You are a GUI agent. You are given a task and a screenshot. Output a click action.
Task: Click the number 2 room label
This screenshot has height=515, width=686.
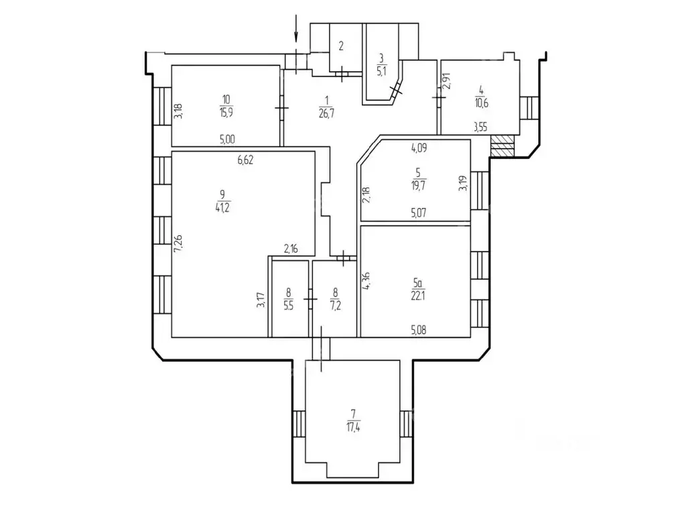click(341, 46)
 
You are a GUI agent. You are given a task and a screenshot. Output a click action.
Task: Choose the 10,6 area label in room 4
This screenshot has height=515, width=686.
click(480, 102)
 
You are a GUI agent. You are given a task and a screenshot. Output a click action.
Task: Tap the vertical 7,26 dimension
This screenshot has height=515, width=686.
click(178, 243)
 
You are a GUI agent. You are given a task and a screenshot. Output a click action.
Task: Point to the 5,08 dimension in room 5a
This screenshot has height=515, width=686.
click(419, 329)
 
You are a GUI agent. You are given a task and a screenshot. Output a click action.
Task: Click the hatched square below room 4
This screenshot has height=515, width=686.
click(502, 146)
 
